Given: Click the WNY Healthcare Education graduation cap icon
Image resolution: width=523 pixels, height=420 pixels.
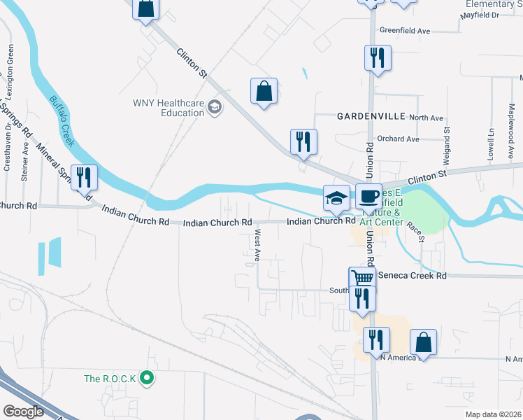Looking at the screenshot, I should pos(215,107).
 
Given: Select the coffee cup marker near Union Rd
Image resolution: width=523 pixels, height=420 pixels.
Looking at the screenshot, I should pos(368,197).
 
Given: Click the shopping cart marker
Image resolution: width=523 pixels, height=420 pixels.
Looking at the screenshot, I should pos(362,279).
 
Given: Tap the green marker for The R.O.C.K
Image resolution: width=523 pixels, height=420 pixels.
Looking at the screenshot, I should pos(146,379).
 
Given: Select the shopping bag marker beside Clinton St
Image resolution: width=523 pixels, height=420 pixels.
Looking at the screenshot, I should pos(264,91).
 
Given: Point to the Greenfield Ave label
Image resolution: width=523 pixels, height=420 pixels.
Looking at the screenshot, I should pos(404,31).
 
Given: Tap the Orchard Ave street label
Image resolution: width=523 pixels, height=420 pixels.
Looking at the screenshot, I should pos(398,139).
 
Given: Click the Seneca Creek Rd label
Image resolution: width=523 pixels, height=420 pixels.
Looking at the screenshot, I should pos(412,276).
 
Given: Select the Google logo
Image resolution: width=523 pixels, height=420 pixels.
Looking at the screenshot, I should pos(24,411).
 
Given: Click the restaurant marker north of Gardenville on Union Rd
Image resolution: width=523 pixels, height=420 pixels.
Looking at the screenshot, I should pos(377,59).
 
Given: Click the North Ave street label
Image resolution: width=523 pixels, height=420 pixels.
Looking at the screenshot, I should pos(427,118).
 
